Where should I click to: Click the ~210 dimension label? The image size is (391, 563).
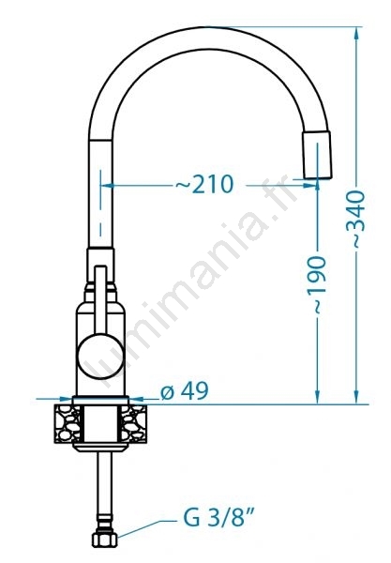pyautogui.click(x=204, y=184)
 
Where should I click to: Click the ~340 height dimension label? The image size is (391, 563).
pyautogui.click(x=356, y=220)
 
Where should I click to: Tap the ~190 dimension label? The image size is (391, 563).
pyautogui.click(x=317, y=284)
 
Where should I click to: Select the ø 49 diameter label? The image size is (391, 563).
pyautogui.click(x=184, y=391)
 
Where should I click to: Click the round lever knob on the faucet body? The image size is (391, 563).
pyautogui.click(x=101, y=357)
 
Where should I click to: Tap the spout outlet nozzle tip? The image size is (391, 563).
pyautogui.click(x=317, y=155)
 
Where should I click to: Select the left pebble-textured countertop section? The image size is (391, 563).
pyautogui.click(x=68, y=423)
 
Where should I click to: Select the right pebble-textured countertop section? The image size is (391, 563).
pyautogui.click(x=134, y=423)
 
